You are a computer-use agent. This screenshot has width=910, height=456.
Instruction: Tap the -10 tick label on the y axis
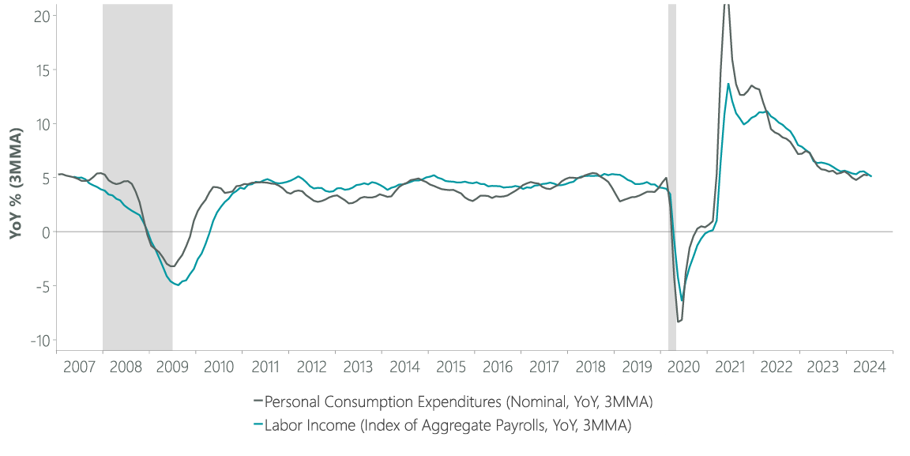37,340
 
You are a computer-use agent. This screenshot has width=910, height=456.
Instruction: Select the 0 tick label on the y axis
44,232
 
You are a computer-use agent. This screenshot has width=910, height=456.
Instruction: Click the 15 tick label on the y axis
41,70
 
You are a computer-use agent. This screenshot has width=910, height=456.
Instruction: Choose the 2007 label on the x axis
79,367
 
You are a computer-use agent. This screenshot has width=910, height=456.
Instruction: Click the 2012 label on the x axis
311,367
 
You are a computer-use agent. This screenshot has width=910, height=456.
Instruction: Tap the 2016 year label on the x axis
498,367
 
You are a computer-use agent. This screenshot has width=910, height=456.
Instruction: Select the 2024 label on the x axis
869,367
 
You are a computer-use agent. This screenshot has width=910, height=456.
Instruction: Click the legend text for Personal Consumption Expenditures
461,402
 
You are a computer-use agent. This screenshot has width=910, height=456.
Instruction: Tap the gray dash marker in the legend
258,402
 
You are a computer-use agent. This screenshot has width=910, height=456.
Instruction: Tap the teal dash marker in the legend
258,425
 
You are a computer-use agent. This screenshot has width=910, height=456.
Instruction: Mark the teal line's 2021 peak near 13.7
728,84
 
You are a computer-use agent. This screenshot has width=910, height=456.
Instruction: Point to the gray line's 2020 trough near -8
678,322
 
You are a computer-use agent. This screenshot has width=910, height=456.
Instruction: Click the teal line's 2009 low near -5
178,285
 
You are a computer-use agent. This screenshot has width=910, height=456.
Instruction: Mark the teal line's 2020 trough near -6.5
682,301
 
